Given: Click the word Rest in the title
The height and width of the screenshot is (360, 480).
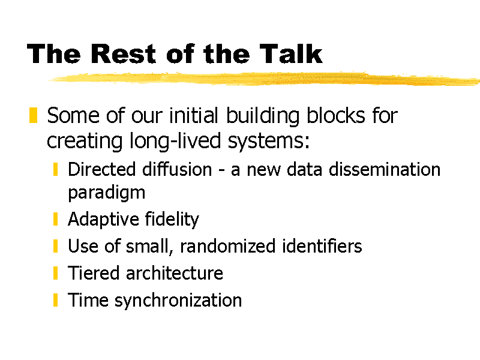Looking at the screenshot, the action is [x=123, y=54].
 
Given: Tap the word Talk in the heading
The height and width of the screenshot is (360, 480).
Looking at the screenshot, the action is [x=291, y=54].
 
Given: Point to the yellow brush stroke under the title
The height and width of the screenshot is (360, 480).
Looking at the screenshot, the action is [x=264, y=78].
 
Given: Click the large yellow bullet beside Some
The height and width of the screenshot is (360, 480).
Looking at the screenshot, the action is [x=33, y=115].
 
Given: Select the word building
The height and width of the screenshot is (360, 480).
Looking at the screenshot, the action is [x=262, y=116].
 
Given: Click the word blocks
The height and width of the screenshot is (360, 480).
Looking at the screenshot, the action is [x=336, y=115].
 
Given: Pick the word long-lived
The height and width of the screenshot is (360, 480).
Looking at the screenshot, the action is [x=175, y=141].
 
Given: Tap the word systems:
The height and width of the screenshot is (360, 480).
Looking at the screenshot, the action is [x=268, y=142].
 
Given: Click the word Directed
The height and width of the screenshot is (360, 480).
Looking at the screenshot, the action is [x=101, y=169].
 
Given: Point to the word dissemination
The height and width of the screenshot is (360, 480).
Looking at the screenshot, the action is [x=385, y=169].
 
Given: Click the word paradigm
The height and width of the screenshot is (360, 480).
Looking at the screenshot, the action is [x=107, y=193].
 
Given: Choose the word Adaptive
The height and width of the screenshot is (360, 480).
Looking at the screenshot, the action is [x=103, y=220].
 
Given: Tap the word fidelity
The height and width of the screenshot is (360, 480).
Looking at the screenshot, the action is [x=172, y=220].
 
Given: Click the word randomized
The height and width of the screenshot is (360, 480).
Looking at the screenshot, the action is [x=228, y=246].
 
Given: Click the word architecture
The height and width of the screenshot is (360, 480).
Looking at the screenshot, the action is [x=175, y=273].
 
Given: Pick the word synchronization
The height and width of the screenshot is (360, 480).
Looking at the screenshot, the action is [x=178, y=301].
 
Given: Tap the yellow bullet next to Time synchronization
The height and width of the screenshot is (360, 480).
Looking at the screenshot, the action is [x=55, y=299].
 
